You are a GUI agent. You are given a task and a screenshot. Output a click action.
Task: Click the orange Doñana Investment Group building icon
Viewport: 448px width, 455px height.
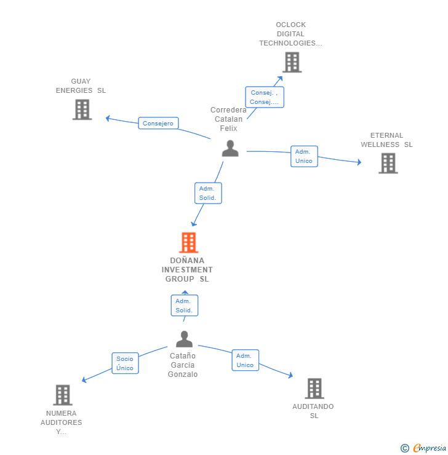click(188, 242)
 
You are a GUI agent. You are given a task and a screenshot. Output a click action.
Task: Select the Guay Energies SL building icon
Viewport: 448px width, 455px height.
click(82, 109)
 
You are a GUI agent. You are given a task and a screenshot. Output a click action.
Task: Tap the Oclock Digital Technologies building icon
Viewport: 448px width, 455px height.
click(292, 62)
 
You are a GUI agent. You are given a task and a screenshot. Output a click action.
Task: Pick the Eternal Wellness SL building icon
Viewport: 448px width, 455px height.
click(388, 164)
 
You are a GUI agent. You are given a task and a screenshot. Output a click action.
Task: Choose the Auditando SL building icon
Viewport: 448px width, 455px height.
click(314, 388)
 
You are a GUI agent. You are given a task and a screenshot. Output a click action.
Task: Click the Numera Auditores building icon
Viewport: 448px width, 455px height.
click(63, 395)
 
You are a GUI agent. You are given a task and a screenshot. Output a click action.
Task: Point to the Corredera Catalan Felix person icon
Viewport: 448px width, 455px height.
click(230, 148)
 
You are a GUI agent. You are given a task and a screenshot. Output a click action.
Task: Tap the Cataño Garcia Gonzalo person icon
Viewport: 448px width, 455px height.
click(185, 339)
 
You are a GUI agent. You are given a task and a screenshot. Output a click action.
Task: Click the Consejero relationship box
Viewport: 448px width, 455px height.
click(158, 123)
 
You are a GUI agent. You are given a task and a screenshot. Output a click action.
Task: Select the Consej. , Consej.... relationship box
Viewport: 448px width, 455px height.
click(265, 97)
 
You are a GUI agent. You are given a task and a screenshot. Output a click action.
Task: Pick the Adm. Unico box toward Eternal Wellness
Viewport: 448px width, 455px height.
click(304, 156)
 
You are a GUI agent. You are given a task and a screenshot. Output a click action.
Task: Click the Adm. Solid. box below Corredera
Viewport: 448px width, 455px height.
click(208, 193)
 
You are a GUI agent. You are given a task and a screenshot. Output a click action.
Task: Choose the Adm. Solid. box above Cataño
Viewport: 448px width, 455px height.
click(185, 306)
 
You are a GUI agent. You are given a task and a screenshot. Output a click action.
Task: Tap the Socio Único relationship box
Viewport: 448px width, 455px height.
click(125, 363)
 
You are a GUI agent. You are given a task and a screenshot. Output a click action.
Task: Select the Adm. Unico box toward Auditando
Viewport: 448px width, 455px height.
click(246, 360)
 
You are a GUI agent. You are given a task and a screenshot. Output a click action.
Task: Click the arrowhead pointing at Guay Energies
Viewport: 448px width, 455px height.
click(108, 118)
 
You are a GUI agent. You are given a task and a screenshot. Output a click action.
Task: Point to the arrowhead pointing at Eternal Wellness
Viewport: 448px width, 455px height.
click(359, 162)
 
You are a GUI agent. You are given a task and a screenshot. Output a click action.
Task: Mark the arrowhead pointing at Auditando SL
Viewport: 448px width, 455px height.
click(290, 376)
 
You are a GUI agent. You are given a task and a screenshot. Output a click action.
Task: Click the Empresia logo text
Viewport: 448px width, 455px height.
click(430, 448)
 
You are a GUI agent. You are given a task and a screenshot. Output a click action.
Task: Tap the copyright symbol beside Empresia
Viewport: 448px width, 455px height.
click(405, 448)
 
